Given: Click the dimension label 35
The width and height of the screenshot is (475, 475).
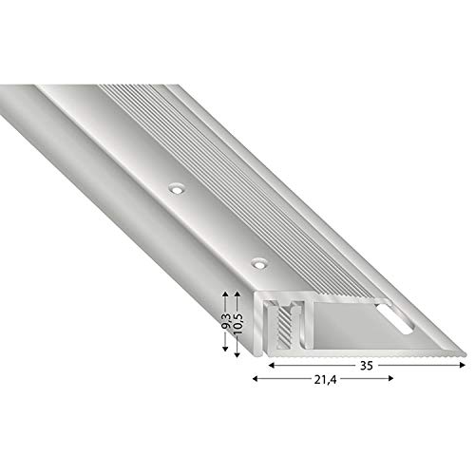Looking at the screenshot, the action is [x=366, y=366].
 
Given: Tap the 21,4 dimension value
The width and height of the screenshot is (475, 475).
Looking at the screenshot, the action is [x=325, y=380].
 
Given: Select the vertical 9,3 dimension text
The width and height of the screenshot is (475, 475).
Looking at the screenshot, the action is [x=226, y=322].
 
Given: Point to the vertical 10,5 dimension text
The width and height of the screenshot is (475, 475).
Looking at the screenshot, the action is [x=238, y=324].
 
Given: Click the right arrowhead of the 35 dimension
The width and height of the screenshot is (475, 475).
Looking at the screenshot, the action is [x=463, y=365].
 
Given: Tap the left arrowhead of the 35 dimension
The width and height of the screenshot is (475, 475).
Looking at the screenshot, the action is [x=272, y=365].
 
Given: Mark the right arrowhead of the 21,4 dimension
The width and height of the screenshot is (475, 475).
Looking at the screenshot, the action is [x=390, y=378].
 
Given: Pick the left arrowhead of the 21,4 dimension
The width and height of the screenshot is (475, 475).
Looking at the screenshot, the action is [x=256, y=378].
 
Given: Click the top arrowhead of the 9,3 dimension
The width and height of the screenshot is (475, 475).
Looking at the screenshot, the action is [x=225, y=294].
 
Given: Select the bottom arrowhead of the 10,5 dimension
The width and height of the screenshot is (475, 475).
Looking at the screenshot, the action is [x=237, y=354].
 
